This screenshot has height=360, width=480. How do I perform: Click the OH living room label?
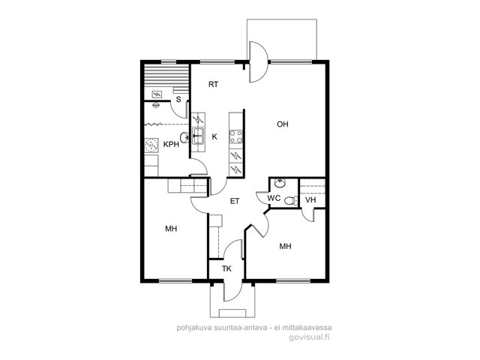(x=283, y=124)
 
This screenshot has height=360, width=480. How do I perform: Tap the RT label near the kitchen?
(x=213, y=84)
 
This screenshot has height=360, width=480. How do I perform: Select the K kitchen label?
(x=214, y=136)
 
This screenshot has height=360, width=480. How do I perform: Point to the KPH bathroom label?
(x=171, y=145)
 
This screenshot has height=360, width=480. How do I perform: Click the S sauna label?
(x=178, y=100)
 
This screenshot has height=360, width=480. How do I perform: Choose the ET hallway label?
(x=235, y=201)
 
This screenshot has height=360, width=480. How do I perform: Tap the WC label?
(x=274, y=198)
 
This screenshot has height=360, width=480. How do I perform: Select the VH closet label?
(x=310, y=200)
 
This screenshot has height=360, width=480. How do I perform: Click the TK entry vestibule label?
(x=226, y=268)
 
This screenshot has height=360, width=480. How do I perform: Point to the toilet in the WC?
(x=290, y=201)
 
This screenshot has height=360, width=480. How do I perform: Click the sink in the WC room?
(x=280, y=183)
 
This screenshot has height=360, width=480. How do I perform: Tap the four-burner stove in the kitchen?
(x=236, y=136)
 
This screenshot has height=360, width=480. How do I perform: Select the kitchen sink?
(x=198, y=136)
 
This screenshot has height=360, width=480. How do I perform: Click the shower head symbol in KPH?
(x=156, y=105)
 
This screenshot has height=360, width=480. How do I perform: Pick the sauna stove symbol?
(x=157, y=94)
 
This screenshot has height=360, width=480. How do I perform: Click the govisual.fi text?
(x=309, y=337)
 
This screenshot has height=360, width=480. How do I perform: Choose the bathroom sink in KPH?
(x=184, y=137)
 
